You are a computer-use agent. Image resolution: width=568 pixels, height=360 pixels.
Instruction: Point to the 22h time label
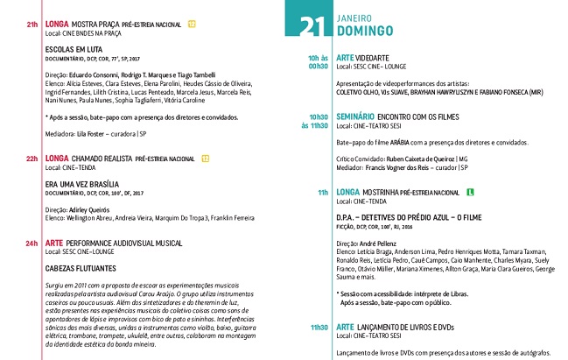point(32,159)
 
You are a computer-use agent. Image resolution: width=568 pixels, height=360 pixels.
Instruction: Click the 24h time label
point(32,242)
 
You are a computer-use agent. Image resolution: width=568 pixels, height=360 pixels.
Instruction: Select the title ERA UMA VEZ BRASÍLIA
point(83,185)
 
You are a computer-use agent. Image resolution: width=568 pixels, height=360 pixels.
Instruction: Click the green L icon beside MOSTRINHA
point(470,191)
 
